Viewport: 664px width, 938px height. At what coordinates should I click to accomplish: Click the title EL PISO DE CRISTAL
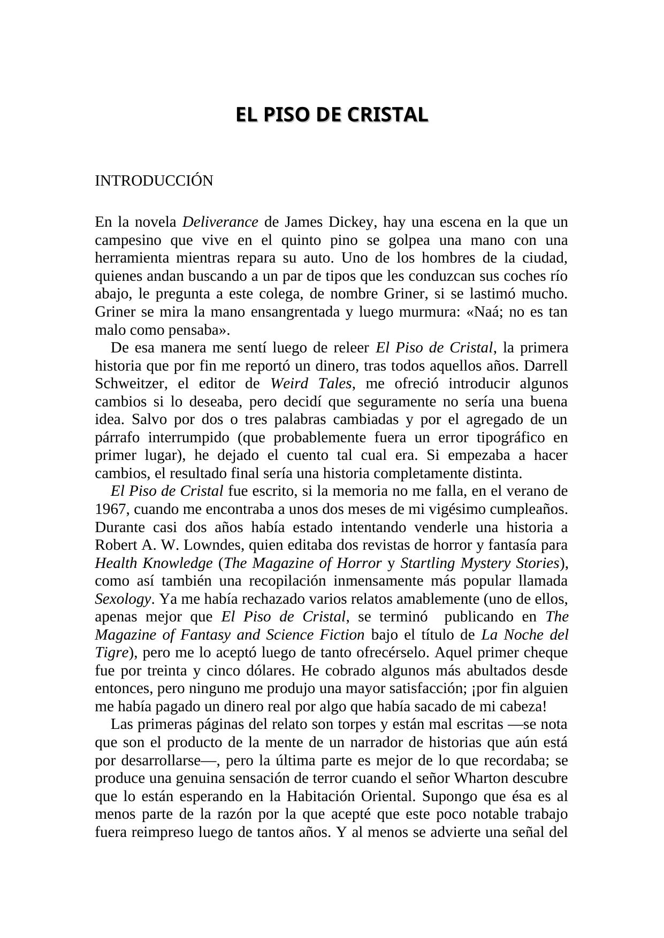[332, 115]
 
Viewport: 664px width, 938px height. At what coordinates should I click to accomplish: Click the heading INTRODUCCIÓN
[154, 181]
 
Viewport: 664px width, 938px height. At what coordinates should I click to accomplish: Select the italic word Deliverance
[220, 222]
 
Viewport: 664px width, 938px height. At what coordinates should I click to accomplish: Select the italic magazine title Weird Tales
[311, 384]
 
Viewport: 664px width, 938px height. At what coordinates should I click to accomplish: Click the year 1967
[110, 510]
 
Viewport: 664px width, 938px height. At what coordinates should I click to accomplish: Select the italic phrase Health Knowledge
[154, 564]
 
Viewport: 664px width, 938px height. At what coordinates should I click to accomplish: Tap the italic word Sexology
[123, 599]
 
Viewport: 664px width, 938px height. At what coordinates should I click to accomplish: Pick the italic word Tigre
[111, 653]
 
